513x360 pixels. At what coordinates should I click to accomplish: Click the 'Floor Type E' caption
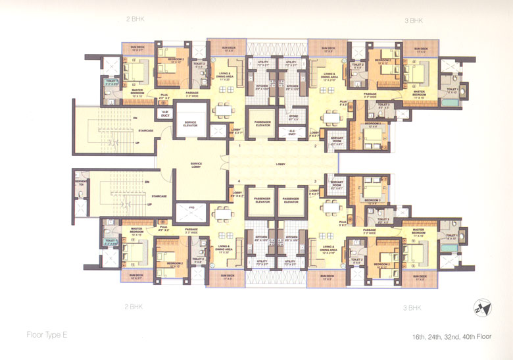tap(47, 335)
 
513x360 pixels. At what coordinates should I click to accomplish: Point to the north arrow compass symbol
tap(478, 308)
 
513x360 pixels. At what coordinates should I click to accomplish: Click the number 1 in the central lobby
tap(240, 145)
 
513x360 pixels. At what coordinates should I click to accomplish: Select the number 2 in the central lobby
tap(315, 145)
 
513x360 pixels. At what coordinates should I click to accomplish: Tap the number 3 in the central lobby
tap(315, 180)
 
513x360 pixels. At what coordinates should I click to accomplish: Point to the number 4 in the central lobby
tap(240, 180)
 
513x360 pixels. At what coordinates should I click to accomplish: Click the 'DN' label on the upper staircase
tap(135, 119)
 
